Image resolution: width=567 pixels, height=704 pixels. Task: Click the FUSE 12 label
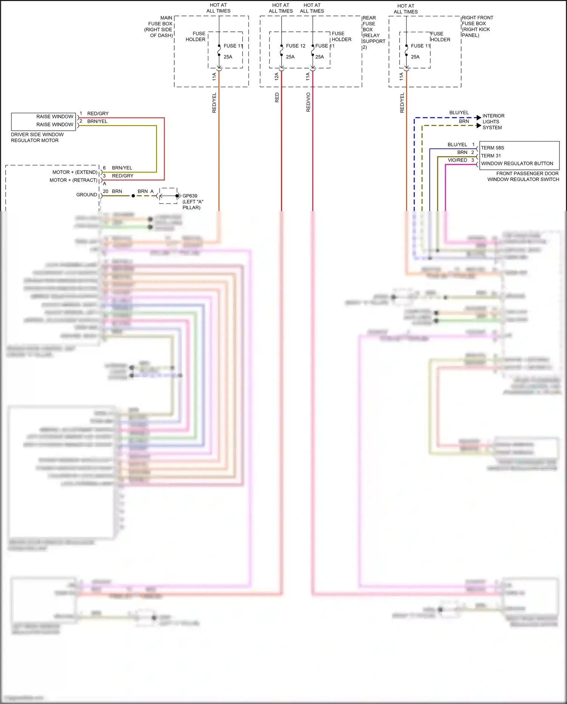(295, 46)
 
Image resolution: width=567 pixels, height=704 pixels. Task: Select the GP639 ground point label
(190, 196)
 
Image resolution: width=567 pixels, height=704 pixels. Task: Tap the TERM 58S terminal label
(492, 148)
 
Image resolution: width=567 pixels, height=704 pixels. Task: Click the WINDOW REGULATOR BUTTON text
(517, 163)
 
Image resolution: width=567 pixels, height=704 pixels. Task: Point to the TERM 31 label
(491, 155)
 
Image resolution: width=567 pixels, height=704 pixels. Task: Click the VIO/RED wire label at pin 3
(457, 160)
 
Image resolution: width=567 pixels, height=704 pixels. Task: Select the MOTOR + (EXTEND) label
(75, 172)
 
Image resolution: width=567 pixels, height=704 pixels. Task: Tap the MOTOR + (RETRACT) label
(73, 180)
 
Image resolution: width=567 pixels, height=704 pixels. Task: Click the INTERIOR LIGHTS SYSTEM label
(493, 122)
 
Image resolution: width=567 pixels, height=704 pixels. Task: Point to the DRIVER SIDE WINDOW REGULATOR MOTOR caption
(37, 137)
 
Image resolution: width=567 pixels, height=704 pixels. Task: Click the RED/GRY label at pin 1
(98, 113)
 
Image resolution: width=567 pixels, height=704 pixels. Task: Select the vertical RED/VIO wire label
(308, 102)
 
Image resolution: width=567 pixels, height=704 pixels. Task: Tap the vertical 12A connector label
(276, 76)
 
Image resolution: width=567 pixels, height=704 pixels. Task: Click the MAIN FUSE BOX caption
(159, 26)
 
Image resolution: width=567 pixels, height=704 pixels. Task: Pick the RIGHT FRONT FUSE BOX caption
(477, 26)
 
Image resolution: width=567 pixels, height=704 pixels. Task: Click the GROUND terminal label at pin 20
(87, 194)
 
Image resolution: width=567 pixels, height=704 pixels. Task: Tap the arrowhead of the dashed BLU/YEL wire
(479, 118)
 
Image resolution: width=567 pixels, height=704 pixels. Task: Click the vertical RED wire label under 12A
(277, 98)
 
